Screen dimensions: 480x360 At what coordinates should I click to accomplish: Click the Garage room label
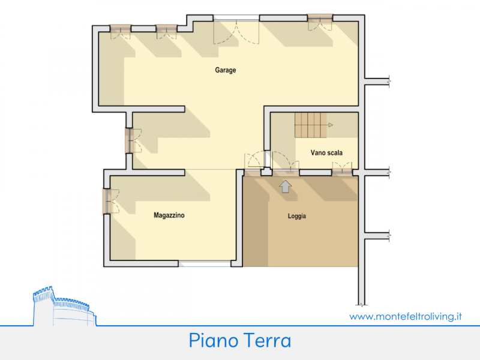pos(226,70)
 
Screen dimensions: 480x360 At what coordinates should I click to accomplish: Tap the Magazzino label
pos(169,215)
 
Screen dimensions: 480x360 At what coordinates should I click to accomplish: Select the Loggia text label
pos(296,216)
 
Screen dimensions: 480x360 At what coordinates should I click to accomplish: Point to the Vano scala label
pos(326,152)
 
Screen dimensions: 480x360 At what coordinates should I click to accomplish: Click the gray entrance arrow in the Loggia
pos(286,186)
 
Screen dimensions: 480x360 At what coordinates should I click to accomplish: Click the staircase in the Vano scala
pos(311,125)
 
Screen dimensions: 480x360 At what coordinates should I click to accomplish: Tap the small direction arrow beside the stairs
pos(331,125)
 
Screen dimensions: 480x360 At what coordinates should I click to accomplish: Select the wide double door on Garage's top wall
pos(236,30)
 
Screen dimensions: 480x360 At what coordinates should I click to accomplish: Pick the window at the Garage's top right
pos(320,22)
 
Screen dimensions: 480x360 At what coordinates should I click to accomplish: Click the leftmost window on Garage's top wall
pos(121,31)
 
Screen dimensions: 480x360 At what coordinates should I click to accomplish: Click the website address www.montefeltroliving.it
pos(406,316)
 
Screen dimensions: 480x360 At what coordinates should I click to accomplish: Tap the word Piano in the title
pos(214,340)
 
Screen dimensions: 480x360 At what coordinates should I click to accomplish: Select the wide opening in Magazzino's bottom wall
pos(205,263)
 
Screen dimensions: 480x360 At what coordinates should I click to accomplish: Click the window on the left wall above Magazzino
pos(133,140)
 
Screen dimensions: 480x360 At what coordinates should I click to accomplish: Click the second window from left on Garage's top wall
pos(167,31)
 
